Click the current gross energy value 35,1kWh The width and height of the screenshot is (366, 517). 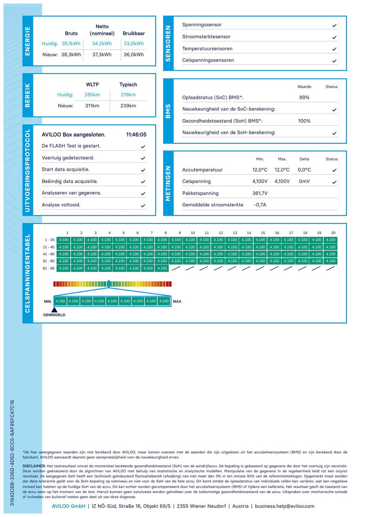[x=71, y=43]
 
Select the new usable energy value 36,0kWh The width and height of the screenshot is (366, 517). [x=134, y=55]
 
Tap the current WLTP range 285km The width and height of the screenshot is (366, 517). [x=92, y=95]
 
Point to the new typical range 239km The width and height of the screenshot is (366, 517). [x=128, y=106]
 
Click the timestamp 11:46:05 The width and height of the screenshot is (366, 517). [x=136, y=135]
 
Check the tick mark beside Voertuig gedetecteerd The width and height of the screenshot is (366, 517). [x=143, y=158]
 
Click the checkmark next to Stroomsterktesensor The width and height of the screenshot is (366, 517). [x=334, y=37]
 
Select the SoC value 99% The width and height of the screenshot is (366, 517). [x=304, y=97]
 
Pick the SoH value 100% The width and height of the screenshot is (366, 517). [x=304, y=121]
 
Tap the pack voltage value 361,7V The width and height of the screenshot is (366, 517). [x=260, y=193]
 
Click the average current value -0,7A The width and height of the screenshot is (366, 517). [x=260, y=205]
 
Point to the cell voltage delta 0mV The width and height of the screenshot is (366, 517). [x=304, y=181]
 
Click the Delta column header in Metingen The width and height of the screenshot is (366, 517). [x=304, y=159]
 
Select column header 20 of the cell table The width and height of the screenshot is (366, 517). [x=333, y=233]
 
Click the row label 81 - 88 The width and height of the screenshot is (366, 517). [x=48, y=268]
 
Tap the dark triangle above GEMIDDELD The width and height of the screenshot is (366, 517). [x=54, y=309]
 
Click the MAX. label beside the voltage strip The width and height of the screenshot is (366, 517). [x=177, y=302]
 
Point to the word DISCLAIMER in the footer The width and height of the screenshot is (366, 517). [x=34, y=466]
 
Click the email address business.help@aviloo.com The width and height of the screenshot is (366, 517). [x=284, y=506]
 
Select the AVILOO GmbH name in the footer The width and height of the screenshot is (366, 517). [x=69, y=506]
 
